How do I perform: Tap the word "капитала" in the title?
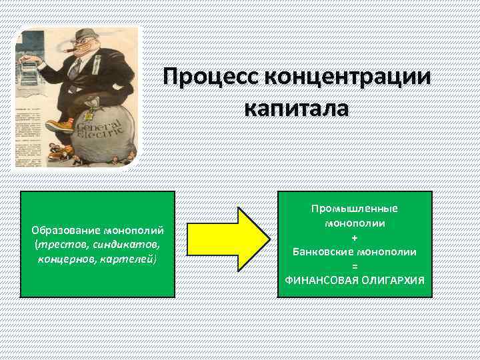coord(296,107)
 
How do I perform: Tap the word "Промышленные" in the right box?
coord(354,209)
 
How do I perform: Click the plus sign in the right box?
coord(354,238)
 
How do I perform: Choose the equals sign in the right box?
coord(354,267)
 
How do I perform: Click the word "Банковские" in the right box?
coord(323,252)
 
